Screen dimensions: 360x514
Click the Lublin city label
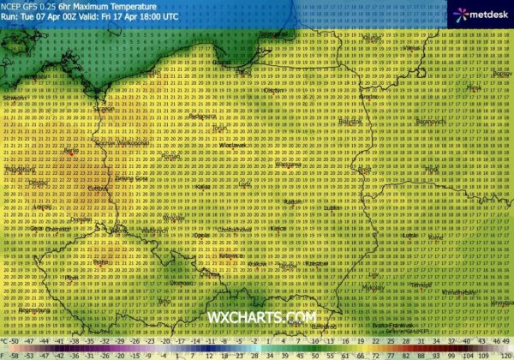(336, 207)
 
